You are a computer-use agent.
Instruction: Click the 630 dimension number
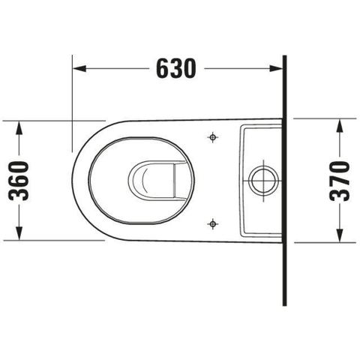(x=176, y=68)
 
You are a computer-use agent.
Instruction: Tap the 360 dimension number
(x=19, y=181)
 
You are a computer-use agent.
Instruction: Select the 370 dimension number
(x=339, y=181)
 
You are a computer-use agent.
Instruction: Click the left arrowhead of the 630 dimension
(x=79, y=68)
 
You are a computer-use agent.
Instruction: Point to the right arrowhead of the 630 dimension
(x=276, y=68)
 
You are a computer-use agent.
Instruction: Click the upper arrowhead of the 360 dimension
(x=19, y=127)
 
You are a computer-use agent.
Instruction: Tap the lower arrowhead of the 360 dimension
(x=19, y=233)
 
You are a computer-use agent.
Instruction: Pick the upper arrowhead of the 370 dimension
(x=339, y=125)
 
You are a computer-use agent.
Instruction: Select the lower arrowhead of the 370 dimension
(x=339, y=235)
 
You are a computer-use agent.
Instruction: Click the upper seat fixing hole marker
(x=213, y=137)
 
